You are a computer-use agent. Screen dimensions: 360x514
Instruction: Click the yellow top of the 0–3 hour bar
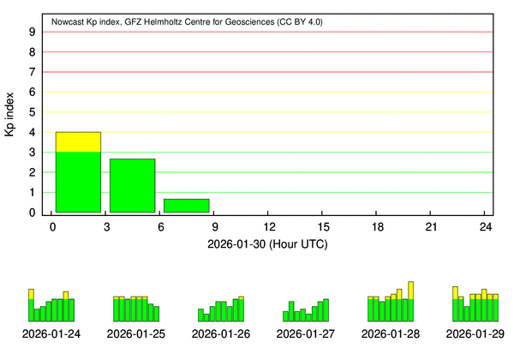78,141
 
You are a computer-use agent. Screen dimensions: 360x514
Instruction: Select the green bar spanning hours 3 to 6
132,186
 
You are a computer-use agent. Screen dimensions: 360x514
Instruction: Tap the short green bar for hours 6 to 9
186,206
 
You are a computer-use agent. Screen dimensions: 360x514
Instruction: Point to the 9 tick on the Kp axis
32,32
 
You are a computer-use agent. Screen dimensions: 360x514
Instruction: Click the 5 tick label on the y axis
32,112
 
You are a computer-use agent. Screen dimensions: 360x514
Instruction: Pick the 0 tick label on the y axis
32,213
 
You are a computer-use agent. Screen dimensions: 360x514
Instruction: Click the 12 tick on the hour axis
270,226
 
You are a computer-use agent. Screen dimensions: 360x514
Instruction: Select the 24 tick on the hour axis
486,226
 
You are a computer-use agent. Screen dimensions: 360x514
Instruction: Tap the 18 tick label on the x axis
378,226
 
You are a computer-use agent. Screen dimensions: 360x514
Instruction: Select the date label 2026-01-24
51,333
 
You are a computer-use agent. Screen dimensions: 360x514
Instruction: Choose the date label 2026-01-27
306,333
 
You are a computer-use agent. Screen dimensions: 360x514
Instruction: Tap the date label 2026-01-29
475,333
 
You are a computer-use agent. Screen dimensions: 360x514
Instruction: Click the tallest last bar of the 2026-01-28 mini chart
411,301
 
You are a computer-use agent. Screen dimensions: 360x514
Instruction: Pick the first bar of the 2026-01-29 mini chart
455,303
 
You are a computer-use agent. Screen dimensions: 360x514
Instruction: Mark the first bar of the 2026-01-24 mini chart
31,305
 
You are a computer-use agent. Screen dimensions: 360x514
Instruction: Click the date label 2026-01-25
136,333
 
